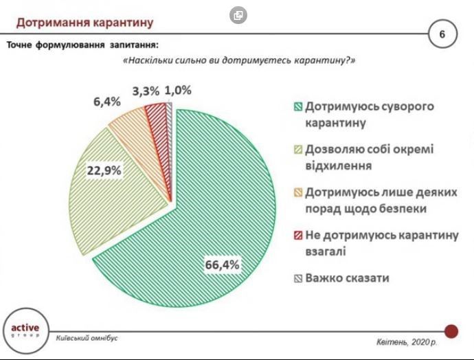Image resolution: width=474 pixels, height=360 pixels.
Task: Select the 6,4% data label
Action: click(106, 101)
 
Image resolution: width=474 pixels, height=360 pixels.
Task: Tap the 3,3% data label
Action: click(146, 91)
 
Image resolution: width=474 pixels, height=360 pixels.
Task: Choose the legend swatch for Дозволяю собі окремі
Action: click(297, 149)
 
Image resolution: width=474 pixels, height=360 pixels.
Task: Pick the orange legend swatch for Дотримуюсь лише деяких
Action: click(297, 192)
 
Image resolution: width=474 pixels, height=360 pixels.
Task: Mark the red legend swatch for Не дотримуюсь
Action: click(297, 236)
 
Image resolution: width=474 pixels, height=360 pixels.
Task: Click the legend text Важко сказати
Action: click(347, 278)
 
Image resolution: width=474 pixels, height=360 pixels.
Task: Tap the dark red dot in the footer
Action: click(451, 331)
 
